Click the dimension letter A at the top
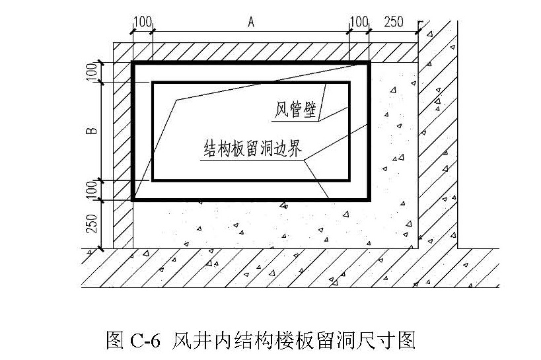click(x=251, y=22)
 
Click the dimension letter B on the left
click(x=92, y=131)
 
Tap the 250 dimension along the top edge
click(x=393, y=22)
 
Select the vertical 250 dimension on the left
click(x=91, y=223)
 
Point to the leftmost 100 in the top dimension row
click(x=143, y=22)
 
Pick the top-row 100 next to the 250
click(x=359, y=22)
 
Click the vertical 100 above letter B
click(x=92, y=72)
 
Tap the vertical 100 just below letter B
click(x=92, y=190)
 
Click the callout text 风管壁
click(x=295, y=110)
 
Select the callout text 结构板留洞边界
click(x=253, y=148)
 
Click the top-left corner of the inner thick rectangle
click(x=153, y=83)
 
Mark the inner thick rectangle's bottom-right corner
click(x=349, y=180)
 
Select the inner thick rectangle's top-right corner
click(x=349, y=83)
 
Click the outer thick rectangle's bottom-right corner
click(x=369, y=200)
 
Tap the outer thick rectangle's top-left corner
click(x=133, y=63)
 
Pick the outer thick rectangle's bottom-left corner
click(x=133, y=200)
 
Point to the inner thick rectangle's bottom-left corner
click(x=153, y=180)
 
